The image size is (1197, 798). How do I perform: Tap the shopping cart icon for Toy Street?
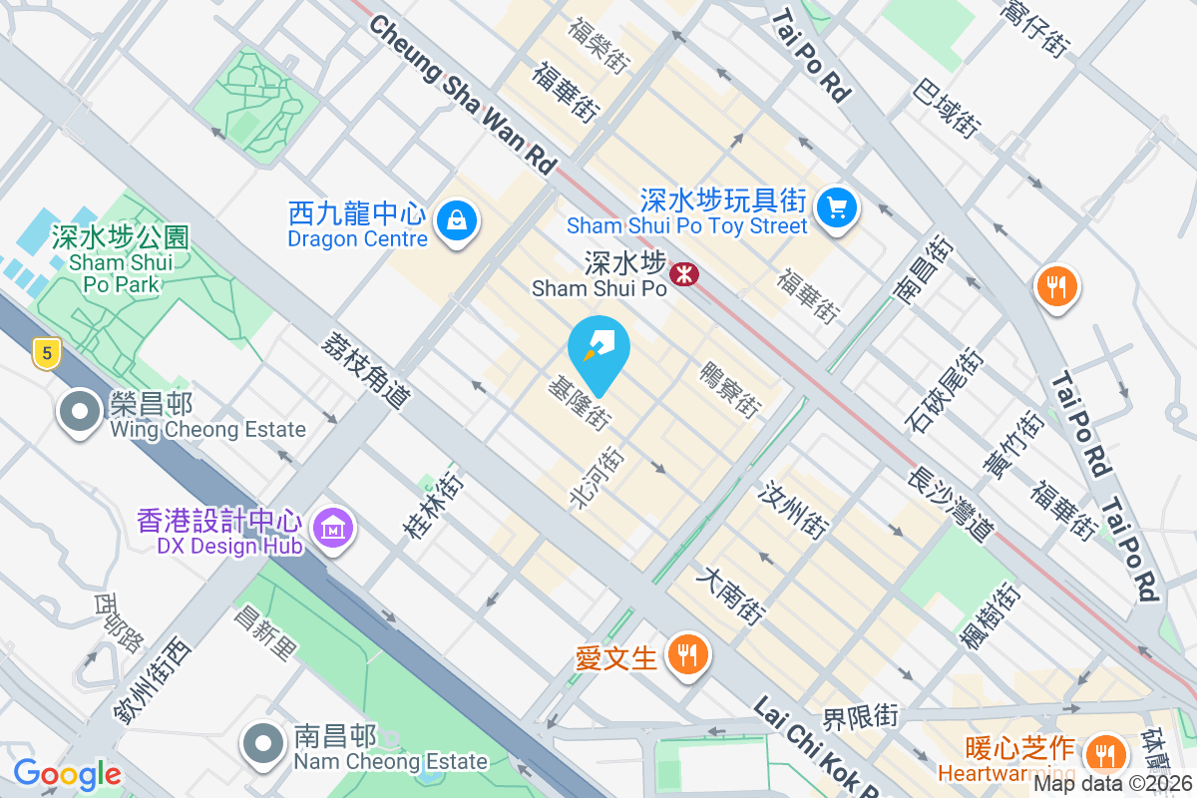837,207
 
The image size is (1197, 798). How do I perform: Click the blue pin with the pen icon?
598,349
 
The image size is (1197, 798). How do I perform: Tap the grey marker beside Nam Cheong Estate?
262,744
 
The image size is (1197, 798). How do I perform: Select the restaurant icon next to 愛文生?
686,655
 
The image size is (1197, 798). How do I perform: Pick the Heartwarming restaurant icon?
1104,751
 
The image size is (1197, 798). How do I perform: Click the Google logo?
67,774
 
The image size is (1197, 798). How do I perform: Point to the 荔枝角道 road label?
366,370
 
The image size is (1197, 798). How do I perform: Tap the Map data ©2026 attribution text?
1113,783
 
